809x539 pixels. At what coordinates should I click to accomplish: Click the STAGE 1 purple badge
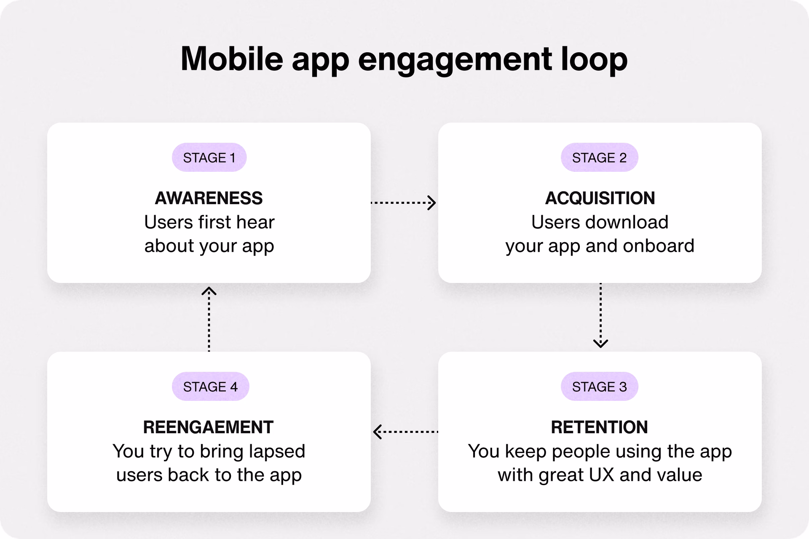[209, 157]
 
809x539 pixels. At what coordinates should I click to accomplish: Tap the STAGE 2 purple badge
[599, 157]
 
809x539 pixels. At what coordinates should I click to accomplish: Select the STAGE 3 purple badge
[599, 387]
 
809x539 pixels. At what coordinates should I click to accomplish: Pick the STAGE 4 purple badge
[210, 387]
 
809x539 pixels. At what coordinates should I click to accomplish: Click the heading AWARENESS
[209, 198]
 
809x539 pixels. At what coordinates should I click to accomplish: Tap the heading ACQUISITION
[600, 198]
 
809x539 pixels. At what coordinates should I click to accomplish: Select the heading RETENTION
[599, 427]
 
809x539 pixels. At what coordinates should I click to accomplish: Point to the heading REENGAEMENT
[208, 427]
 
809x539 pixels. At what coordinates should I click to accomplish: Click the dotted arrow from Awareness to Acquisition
[403, 203]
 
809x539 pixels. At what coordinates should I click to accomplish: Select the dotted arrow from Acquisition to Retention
[600, 315]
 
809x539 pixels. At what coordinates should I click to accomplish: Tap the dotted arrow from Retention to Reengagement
[405, 432]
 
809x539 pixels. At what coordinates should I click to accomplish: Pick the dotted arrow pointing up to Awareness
[209, 319]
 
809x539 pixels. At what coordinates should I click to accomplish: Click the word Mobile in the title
[232, 59]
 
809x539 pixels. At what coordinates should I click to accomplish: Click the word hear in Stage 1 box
[255, 222]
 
